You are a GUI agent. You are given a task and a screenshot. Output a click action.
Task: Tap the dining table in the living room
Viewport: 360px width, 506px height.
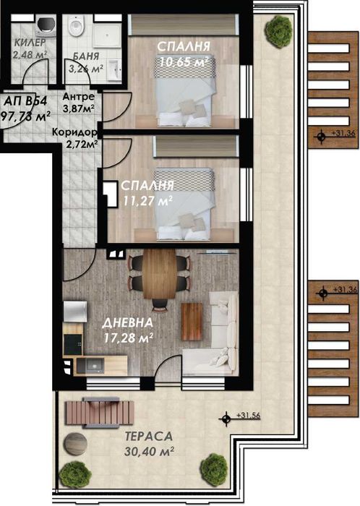coord(158,273)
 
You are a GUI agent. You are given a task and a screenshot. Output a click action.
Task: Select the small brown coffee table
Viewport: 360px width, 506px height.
coord(192,322)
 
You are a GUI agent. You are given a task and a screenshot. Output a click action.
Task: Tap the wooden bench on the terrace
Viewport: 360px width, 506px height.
coord(90,413)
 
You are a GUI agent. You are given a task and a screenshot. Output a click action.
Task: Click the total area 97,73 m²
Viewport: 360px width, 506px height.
coord(26,115)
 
